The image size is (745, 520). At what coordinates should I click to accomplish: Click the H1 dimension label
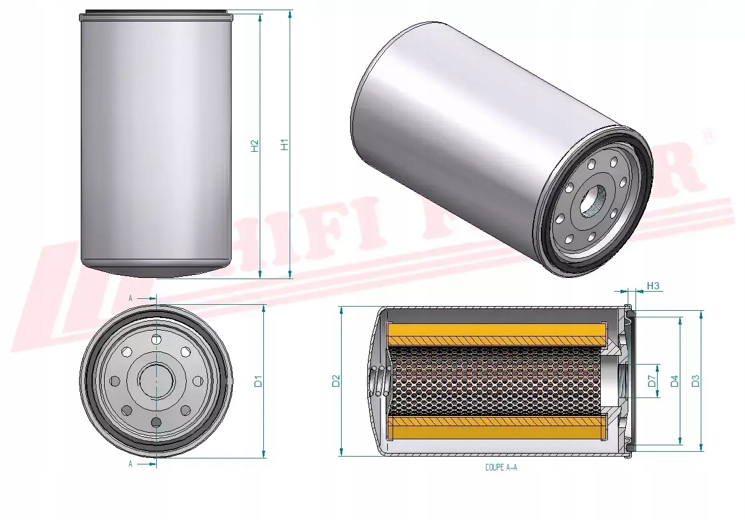click(x=285, y=145)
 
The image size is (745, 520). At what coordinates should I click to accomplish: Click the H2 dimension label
click(x=254, y=145)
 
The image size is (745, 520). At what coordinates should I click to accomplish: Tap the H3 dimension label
click(x=653, y=286)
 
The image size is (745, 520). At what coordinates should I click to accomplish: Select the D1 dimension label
click(x=259, y=381)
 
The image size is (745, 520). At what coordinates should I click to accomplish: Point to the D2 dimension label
click(x=336, y=381)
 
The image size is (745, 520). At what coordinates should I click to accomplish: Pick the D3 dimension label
click(x=695, y=381)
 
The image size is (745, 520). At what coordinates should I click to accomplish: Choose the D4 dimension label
click(x=674, y=381)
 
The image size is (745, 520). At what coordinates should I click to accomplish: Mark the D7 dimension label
click(x=652, y=381)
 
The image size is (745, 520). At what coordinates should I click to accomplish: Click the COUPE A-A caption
click(x=501, y=468)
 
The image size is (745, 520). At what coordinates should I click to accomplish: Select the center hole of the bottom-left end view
click(x=156, y=380)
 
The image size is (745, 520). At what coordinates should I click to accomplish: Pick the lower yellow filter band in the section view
click(x=497, y=428)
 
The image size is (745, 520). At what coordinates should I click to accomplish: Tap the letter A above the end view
click(x=130, y=297)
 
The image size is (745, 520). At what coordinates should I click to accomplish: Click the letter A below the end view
click(x=130, y=464)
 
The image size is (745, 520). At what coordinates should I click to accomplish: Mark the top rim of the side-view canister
click(x=156, y=13)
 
